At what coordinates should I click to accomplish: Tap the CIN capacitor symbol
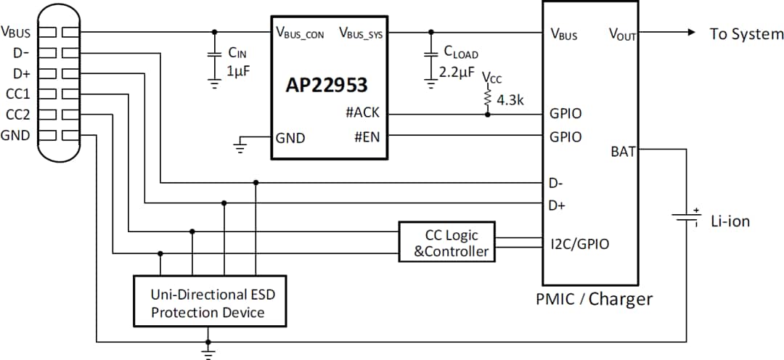pyautogui.click(x=214, y=55)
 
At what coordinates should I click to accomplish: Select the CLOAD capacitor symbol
pyautogui.click(x=431, y=55)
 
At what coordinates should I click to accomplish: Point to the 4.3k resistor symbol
pyautogui.click(x=487, y=98)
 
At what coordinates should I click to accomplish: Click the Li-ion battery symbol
pyautogui.click(x=685, y=218)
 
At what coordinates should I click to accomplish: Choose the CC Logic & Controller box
pyautogui.click(x=446, y=242)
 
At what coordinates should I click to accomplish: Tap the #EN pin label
pyautogui.click(x=367, y=136)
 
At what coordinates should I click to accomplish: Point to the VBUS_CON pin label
pyautogui.click(x=300, y=33)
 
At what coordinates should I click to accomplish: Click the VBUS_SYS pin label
pyautogui.click(x=361, y=33)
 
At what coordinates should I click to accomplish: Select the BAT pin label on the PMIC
pyautogui.click(x=624, y=151)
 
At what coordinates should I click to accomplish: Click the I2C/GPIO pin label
pyautogui.click(x=579, y=245)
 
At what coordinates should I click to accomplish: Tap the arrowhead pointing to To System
pyautogui.click(x=690, y=33)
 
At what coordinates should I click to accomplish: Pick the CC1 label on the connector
pyautogui.click(x=18, y=93)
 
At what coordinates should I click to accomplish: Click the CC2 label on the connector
pyautogui.click(x=18, y=114)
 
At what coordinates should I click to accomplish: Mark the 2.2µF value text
pyautogui.click(x=457, y=73)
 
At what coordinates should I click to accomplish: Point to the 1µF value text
pyautogui.click(x=238, y=73)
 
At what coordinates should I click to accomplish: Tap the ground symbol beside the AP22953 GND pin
pyautogui.click(x=239, y=147)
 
